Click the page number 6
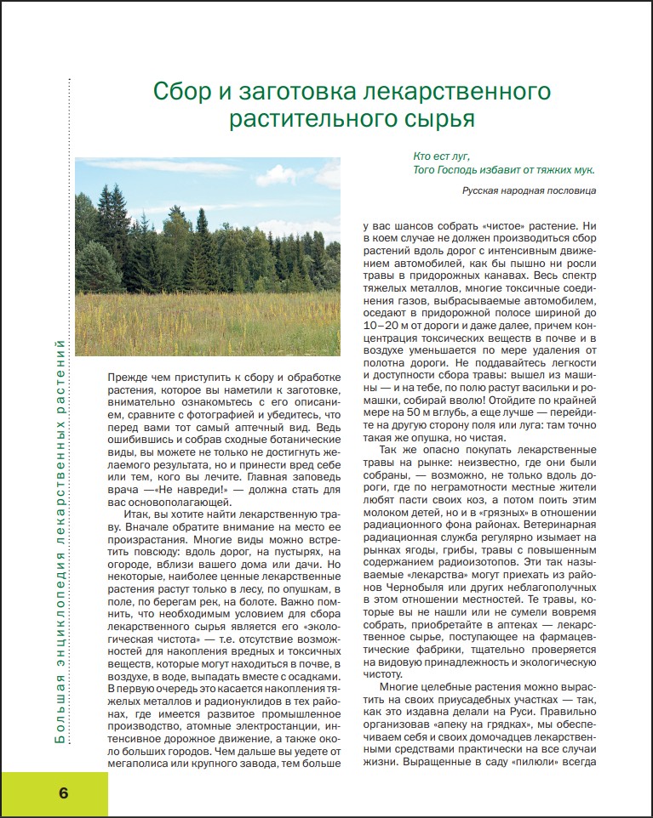point(64,793)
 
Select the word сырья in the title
point(444,118)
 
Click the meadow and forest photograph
point(208,256)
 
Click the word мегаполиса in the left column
point(141,764)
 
